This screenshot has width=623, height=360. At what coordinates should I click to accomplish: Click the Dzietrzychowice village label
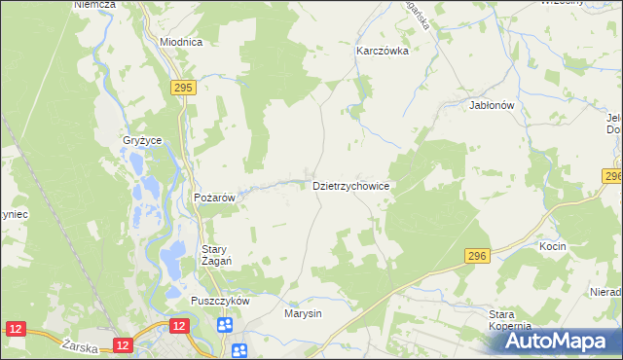pos(351,185)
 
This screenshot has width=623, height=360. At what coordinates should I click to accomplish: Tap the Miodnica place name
pos(180,43)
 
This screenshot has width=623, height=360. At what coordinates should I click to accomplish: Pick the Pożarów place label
pos(215,198)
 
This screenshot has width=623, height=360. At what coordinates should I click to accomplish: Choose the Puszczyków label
pos(221,302)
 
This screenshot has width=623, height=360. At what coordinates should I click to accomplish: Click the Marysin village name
pos(303,314)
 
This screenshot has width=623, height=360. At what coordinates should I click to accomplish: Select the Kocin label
pos(553,247)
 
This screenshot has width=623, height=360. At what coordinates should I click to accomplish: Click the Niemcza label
pos(94,5)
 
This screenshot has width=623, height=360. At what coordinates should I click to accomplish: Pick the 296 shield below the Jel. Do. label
pos(612,176)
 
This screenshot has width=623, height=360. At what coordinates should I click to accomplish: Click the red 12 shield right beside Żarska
pos(122,344)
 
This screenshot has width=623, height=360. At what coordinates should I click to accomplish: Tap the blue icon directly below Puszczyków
pos(226,325)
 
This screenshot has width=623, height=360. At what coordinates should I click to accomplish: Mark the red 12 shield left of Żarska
pos(15,332)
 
